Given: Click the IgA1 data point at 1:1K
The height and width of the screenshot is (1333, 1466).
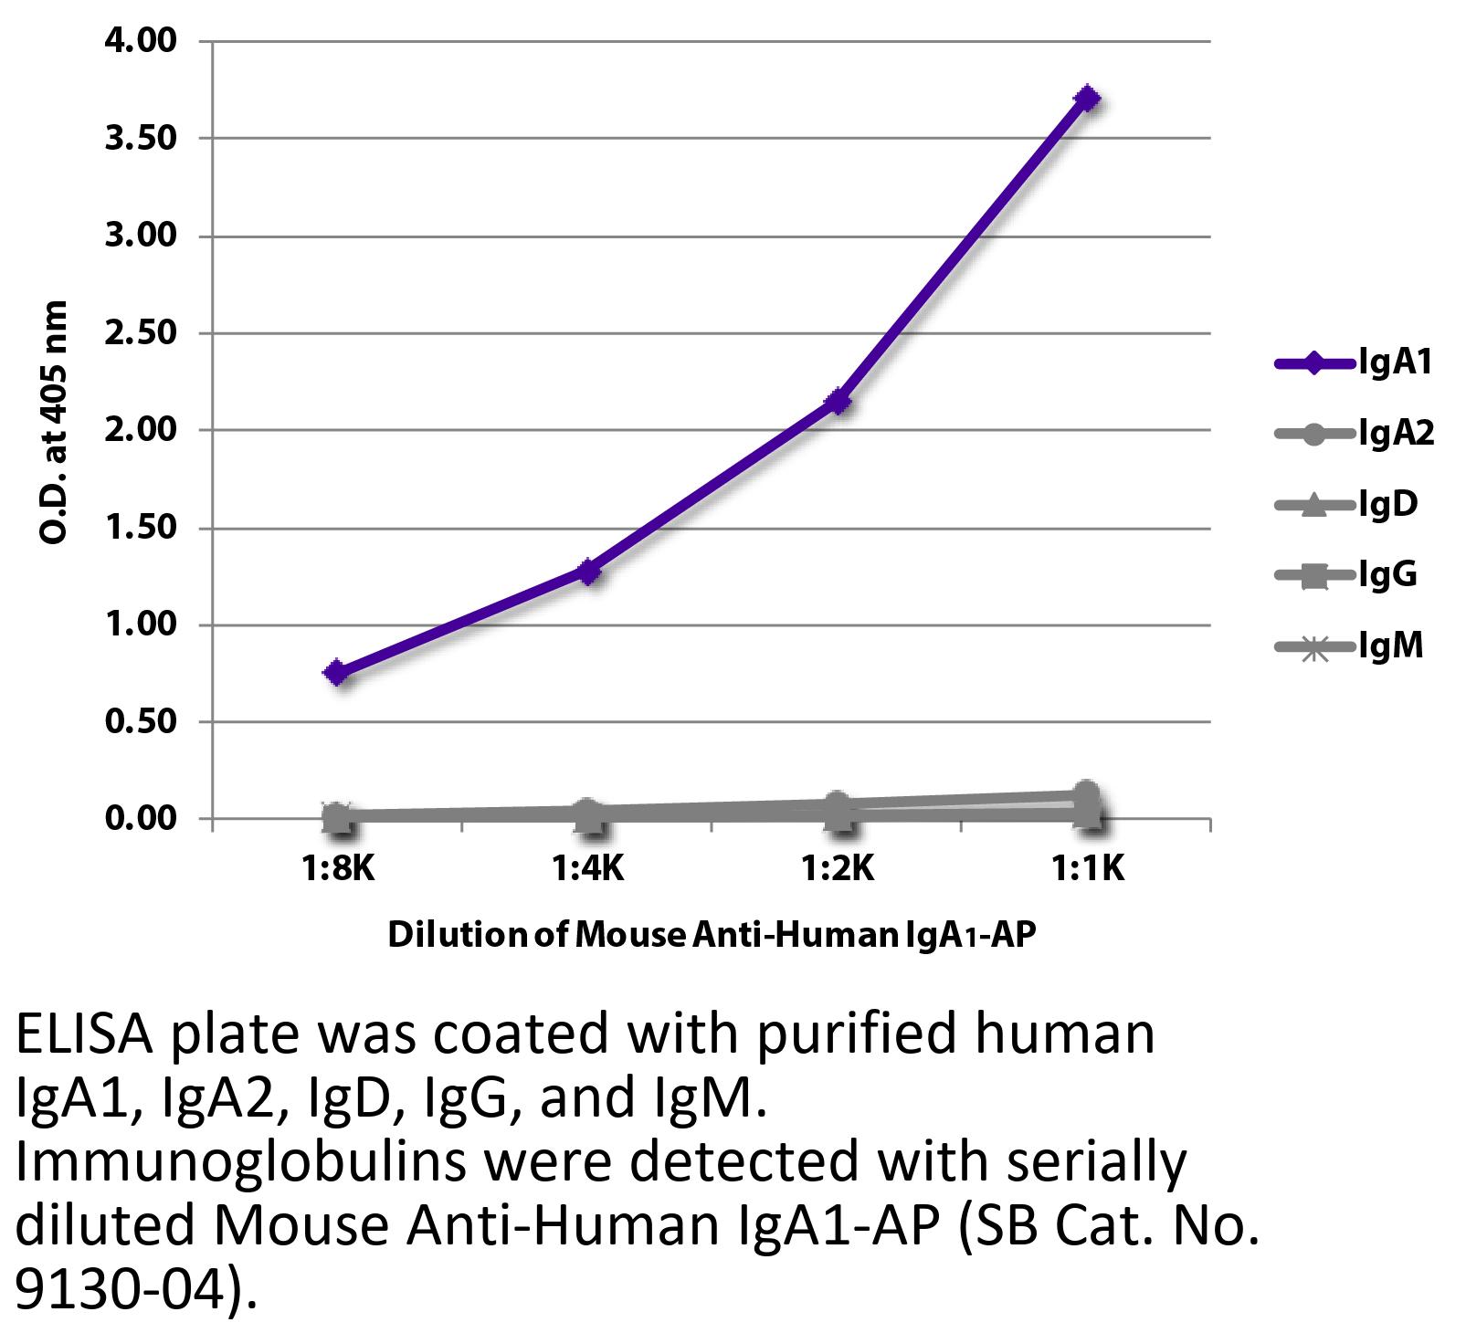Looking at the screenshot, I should pos(1086,98).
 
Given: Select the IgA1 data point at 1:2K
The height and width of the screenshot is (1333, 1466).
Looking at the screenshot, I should pos(837,401).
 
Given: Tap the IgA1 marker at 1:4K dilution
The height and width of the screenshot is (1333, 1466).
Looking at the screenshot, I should pos(587,572).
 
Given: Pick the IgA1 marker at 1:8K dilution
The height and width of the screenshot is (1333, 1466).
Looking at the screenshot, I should pos(337,673).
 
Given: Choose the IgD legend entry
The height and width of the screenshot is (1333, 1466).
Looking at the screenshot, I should pos(1347,504).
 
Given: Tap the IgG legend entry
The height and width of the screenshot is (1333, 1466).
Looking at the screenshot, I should pos(1347,575).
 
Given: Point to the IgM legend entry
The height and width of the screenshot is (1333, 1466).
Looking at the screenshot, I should pos(1350,646).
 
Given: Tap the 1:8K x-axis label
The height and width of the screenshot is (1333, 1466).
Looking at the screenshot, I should pos(337,868).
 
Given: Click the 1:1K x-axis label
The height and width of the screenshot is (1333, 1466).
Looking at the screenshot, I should pos(1086,868).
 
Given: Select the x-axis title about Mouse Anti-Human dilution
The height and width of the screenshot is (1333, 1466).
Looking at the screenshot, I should pos(712,936).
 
